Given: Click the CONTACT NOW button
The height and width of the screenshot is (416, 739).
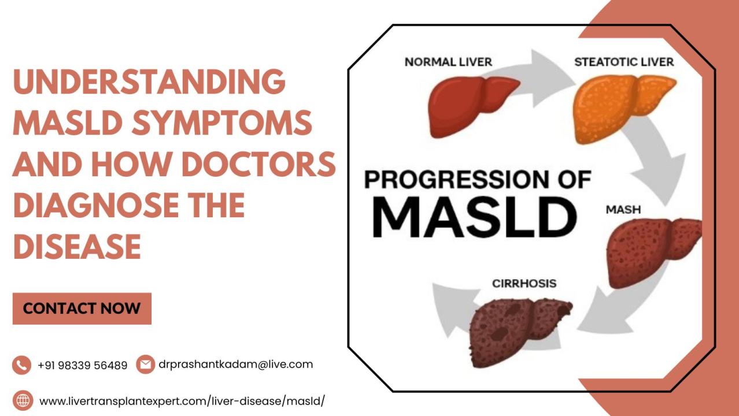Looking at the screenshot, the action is (82, 309).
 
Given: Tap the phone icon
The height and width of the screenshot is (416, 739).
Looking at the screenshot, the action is (22, 365).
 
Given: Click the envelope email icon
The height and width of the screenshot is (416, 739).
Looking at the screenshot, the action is (146, 365).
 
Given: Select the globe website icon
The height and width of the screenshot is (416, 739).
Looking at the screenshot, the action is (23, 400).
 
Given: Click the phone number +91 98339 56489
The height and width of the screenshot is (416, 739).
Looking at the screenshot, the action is (83, 365).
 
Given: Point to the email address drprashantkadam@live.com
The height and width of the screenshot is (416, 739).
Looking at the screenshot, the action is (235, 364).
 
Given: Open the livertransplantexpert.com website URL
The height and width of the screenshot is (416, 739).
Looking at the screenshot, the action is (182, 401).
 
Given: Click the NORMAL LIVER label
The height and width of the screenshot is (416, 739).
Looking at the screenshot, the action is (448, 62).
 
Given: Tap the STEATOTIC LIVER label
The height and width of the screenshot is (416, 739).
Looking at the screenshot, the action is (624, 62).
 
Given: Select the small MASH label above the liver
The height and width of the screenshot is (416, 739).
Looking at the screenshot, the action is (623, 210).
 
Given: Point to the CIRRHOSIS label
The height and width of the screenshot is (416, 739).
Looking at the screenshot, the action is (524, 284).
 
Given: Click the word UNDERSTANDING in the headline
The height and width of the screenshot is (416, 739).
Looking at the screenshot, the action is (149, 81).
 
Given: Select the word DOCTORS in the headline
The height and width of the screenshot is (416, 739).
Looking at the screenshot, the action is (259, 164).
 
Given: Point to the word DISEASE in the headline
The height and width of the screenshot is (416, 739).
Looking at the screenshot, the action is (77, 246).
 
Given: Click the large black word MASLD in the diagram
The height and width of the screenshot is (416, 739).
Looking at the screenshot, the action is (475, 217).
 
